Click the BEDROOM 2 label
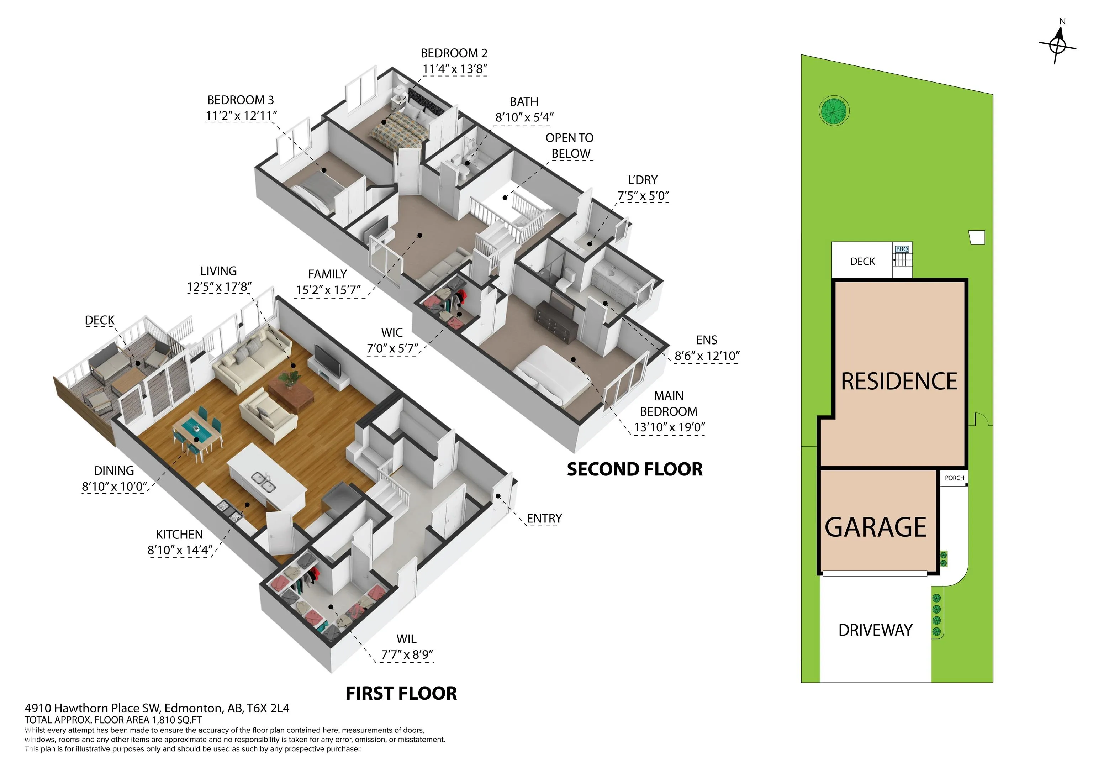point(454,53)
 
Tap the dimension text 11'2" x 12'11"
point(241,116)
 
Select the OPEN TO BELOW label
point(570,146)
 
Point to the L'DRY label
point(643,180)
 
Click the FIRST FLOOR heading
point(401,694)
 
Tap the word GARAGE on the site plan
point(876,527)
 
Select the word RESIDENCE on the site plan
point(899,382)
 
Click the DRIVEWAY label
point(876,630)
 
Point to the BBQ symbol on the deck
point(902,249)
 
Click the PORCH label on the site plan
point(955,478)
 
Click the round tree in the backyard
point(834,111)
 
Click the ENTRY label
point(544,518)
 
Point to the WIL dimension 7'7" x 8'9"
point(407,654)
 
